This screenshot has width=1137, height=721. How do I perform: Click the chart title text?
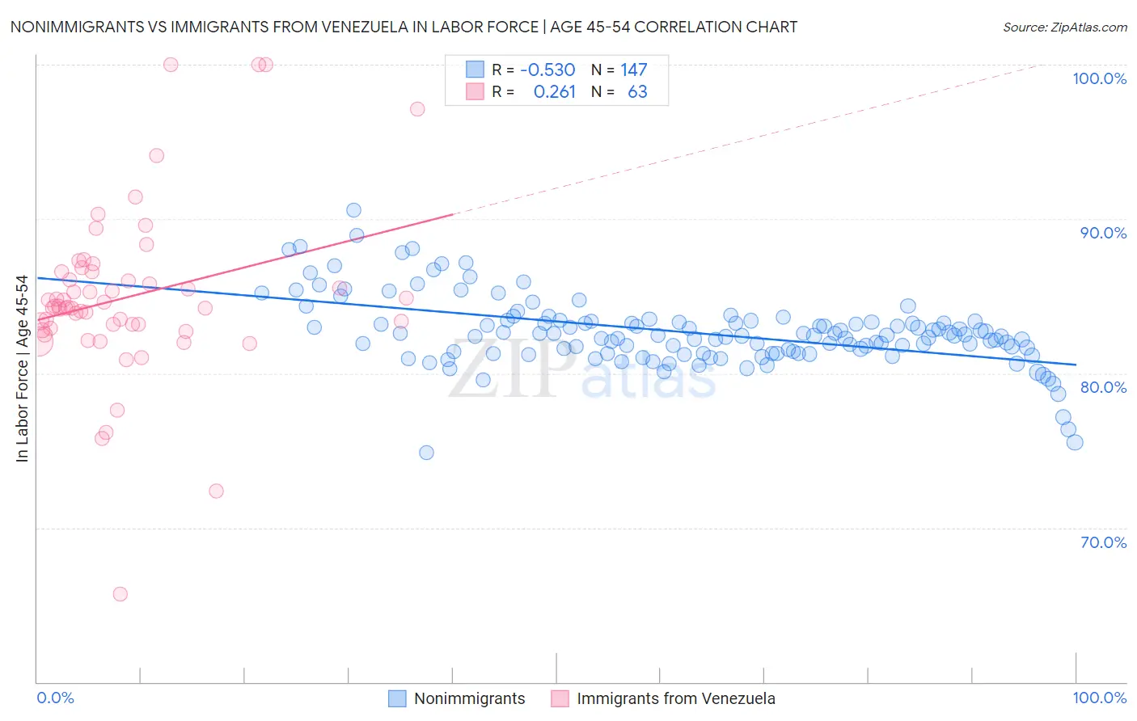click(x=404, y=27)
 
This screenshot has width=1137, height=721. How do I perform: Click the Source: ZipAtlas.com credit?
click(x=1064, y=27)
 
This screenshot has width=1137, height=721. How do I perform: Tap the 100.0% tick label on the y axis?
click(x=1099, y=78)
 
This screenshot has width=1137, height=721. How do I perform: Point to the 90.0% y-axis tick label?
click(x=1103, y=233)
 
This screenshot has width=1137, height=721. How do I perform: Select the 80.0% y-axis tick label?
click(x=1103, y=387)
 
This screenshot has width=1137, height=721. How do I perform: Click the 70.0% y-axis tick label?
click(x=1103, y=542)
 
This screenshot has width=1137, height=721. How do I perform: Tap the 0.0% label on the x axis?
click(x=55, y=698)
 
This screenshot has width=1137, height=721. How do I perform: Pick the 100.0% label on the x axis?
click(x=1099, y=698)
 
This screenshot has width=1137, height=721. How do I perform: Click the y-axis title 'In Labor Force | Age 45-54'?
click(x=22, y=369)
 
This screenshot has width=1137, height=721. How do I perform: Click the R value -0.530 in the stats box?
click(x=547, y=70)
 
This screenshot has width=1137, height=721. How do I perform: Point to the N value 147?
click(x=633, y=70)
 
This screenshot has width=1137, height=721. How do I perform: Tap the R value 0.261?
click(x=554, y=92)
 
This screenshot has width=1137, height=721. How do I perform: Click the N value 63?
click(x=637, y=92)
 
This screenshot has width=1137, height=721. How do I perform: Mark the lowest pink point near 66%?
click(x=120, y=594)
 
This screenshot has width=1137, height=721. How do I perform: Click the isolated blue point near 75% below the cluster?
click(x=426, y=453)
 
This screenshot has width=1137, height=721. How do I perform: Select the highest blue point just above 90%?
click(x=353, y=210)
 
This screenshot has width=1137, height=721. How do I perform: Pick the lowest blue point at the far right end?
click(x=1075, y=442)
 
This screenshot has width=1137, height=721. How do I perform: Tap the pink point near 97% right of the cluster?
click(x=417, y=109)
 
